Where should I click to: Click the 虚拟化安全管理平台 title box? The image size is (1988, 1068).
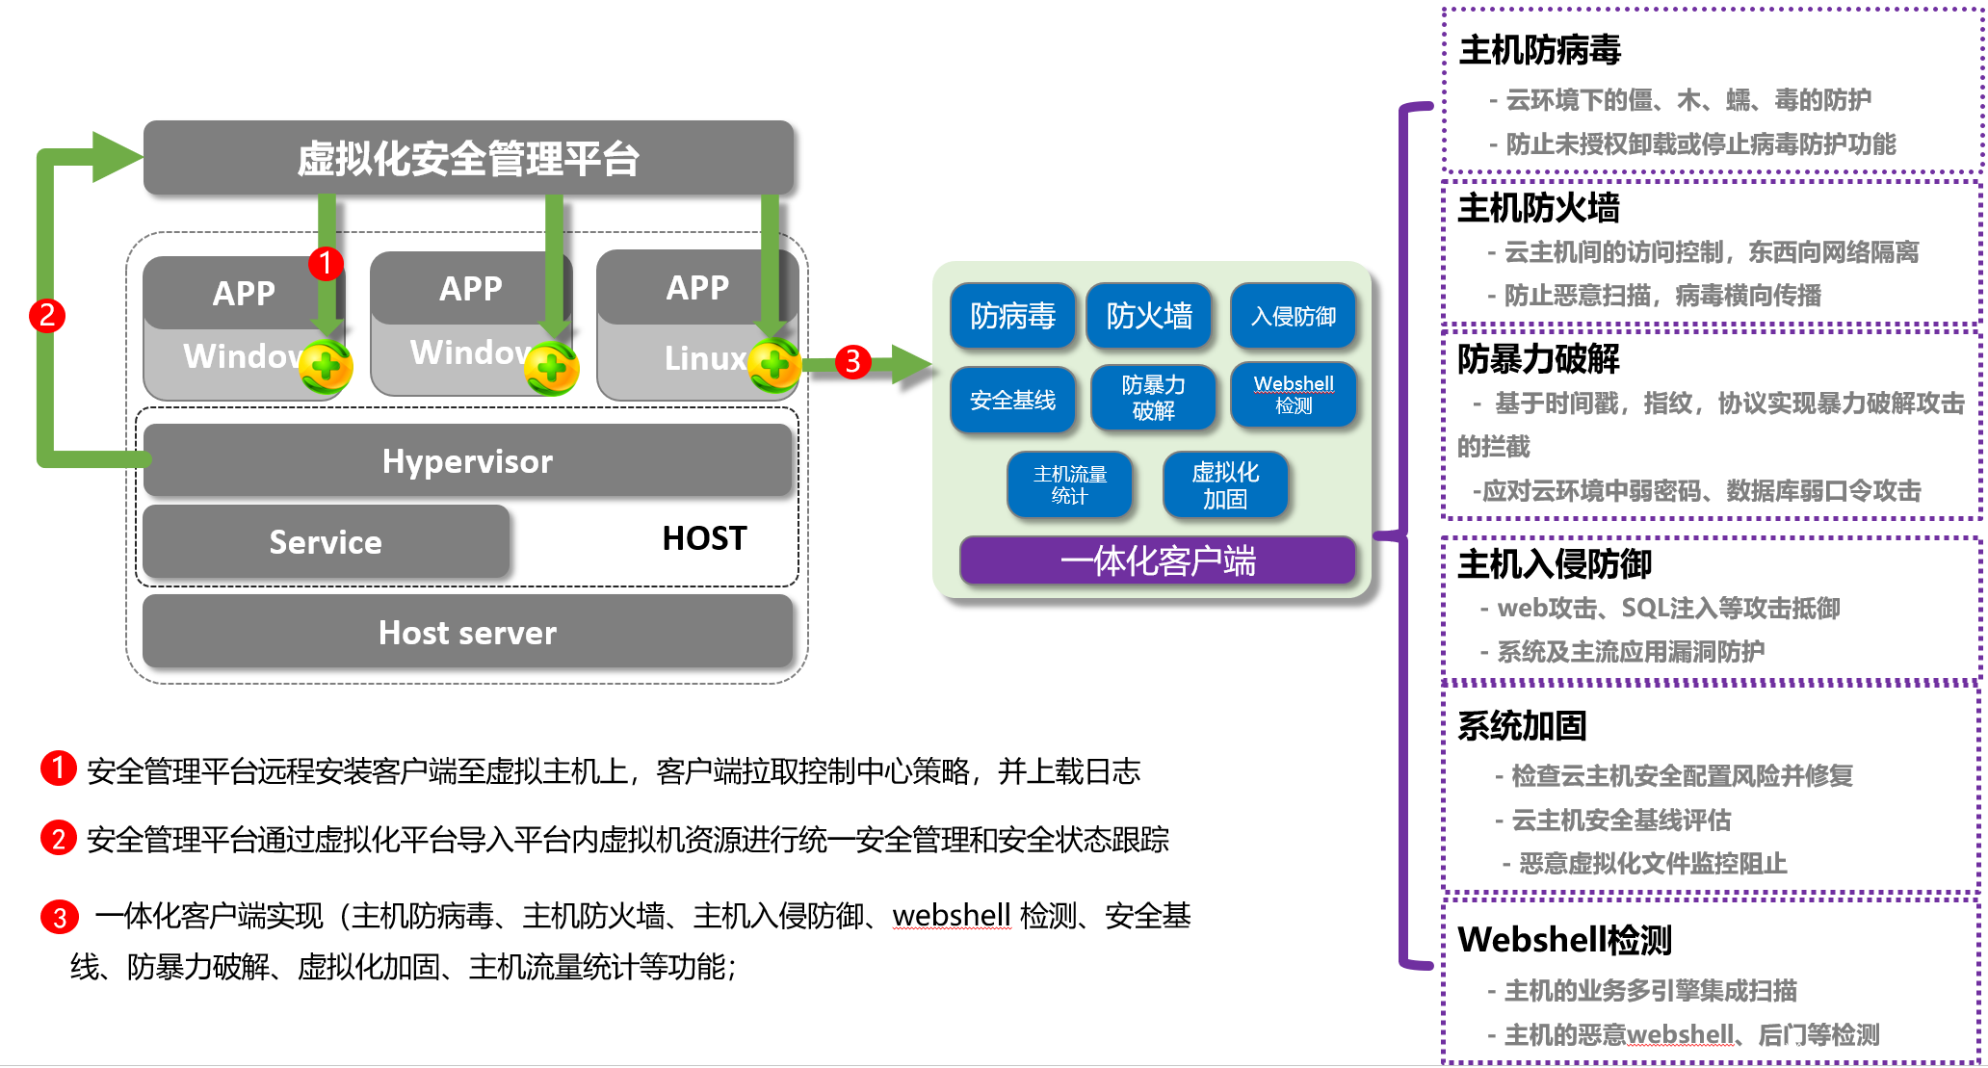click(468, 159)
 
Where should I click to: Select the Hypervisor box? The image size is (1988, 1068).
click(468, 461)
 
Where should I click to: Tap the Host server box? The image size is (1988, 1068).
click(468, 633)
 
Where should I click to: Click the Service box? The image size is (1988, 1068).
click(326, 542)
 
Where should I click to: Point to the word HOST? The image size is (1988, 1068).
click(704, 538)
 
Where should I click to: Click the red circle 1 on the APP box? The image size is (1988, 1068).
click(326, 262)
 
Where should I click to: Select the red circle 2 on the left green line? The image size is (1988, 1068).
click(47, 315)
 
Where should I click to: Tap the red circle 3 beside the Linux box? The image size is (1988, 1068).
click(852, 362)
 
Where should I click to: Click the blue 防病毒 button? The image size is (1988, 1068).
click(1012, 316)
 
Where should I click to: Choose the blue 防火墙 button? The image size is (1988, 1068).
click(1149, 316)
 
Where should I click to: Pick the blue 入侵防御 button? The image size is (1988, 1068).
click(1294, 316)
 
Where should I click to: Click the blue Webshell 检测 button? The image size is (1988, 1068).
click(1294, 395)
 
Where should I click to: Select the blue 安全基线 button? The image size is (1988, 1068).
click(1012, 400)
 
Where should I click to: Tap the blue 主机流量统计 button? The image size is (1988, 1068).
click(1070, 485)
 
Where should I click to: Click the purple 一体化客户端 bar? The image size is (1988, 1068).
click(1158, 560)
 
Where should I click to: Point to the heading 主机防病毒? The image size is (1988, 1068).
click(1540, 50)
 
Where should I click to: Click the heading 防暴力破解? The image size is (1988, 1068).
click(1538, 359)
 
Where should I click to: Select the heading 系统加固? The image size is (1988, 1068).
click(1522, 726)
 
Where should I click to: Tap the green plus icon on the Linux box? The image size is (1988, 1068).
click(774, 365)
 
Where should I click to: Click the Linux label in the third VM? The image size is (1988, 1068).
click(704, 358)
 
